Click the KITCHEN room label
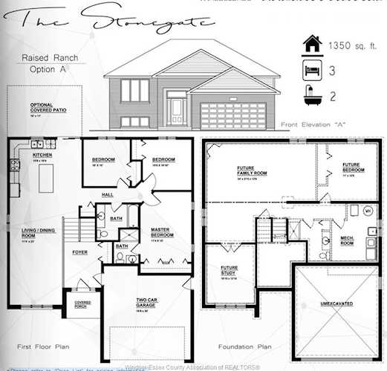click(39, 156)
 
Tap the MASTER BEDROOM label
click(161, 232)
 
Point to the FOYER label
click(79, 252)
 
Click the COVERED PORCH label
click(81, 303)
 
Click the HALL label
click(107, 195)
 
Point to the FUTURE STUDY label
click(228, 272)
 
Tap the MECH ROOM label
click(347, 239)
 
